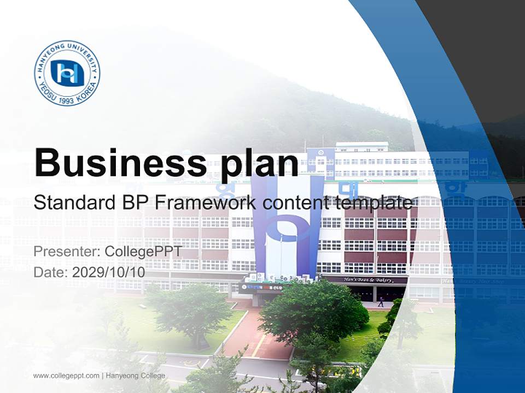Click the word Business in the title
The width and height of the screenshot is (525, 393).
pyautogui.click(x=116, y=162)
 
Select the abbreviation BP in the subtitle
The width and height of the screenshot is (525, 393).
pyautogui.click(x=132, y=203)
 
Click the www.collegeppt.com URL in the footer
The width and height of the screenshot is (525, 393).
pyautogui.click(x=66, y=376)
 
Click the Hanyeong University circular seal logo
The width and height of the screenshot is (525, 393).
pyautogui.click(x=67, y=73)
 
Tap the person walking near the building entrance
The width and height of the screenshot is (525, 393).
pyautogui.click(x=381, y=301)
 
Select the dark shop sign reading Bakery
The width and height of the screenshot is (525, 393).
pyautogui.click(x=365, y=280)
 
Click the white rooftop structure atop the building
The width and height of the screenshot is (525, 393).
pyautogui.click(x=361, y=147)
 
